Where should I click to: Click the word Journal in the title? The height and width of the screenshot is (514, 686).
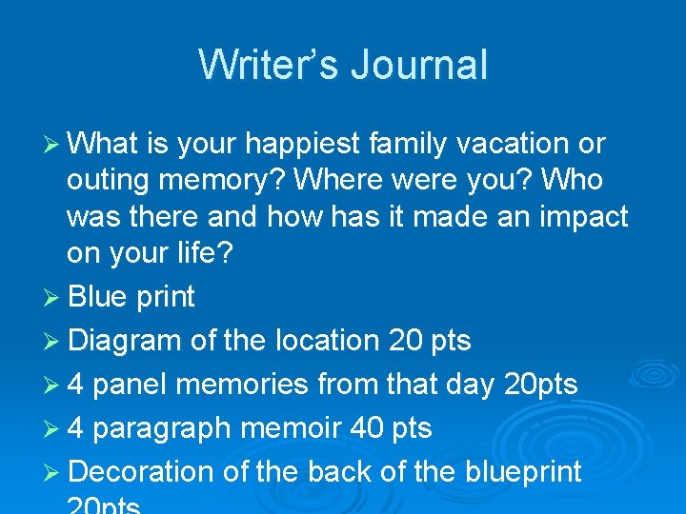[x=419, y=66]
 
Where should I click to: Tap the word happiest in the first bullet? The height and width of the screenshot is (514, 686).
[x=300, y=145]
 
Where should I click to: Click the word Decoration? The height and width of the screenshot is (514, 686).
[x=142, y=472]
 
